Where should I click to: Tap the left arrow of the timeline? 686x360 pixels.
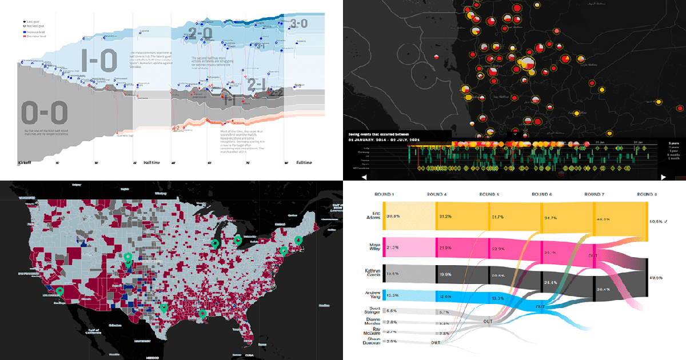(x=348, y=177)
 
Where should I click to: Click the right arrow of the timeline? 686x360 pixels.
(x=663, y=177)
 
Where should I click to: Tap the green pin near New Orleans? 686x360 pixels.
(x=201, y=314)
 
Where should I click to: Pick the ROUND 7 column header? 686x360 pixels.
(x=595, y=193)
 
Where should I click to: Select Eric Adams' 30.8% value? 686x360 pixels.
(x=392, y=217)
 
